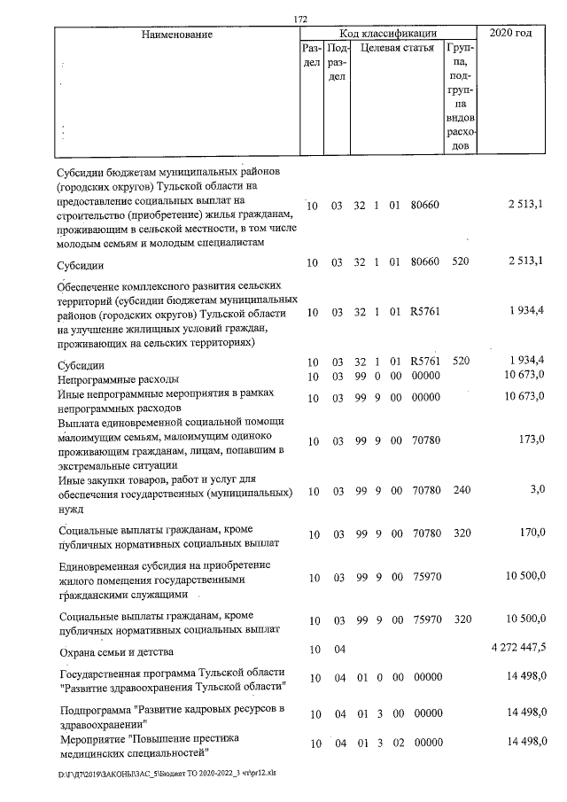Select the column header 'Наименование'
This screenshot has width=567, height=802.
(177, 34)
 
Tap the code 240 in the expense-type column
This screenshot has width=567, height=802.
(461, 491)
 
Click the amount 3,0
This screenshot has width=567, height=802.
(535, 490)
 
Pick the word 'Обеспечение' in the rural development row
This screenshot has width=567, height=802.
(90, 286)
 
